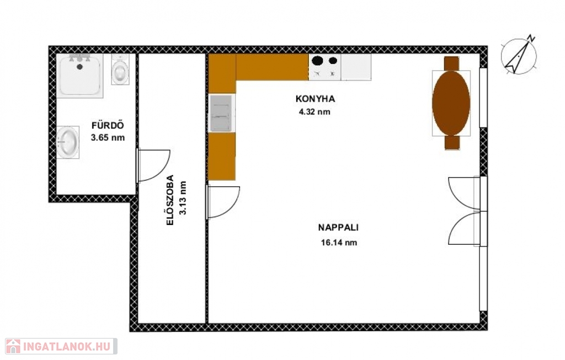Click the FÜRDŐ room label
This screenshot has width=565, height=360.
click(108, 125)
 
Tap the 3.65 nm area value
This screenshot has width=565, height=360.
click(108, 137)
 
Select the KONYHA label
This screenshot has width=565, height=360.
click(315, 99)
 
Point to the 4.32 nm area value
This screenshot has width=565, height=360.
click(315, 111)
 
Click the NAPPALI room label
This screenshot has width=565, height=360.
click(338, 228)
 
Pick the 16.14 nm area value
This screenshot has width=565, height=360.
click(339, 243)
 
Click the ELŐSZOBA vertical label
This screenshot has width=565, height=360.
click(170, 200)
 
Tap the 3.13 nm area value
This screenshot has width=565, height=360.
click(183, 197)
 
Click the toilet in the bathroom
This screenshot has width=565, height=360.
click(120, 69)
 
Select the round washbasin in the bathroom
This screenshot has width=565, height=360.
click(68, 142)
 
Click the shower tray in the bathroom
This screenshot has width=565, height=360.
click(79, 76)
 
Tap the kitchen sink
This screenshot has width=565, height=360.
click(222, 112)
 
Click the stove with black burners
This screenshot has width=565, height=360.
click(324, 67)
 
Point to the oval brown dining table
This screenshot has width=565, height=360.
click(451, 103)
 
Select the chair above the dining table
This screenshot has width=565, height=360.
click(451, 63)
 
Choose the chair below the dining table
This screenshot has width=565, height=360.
click(452, 142)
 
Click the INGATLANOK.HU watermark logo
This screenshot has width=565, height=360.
click(61, 346)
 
